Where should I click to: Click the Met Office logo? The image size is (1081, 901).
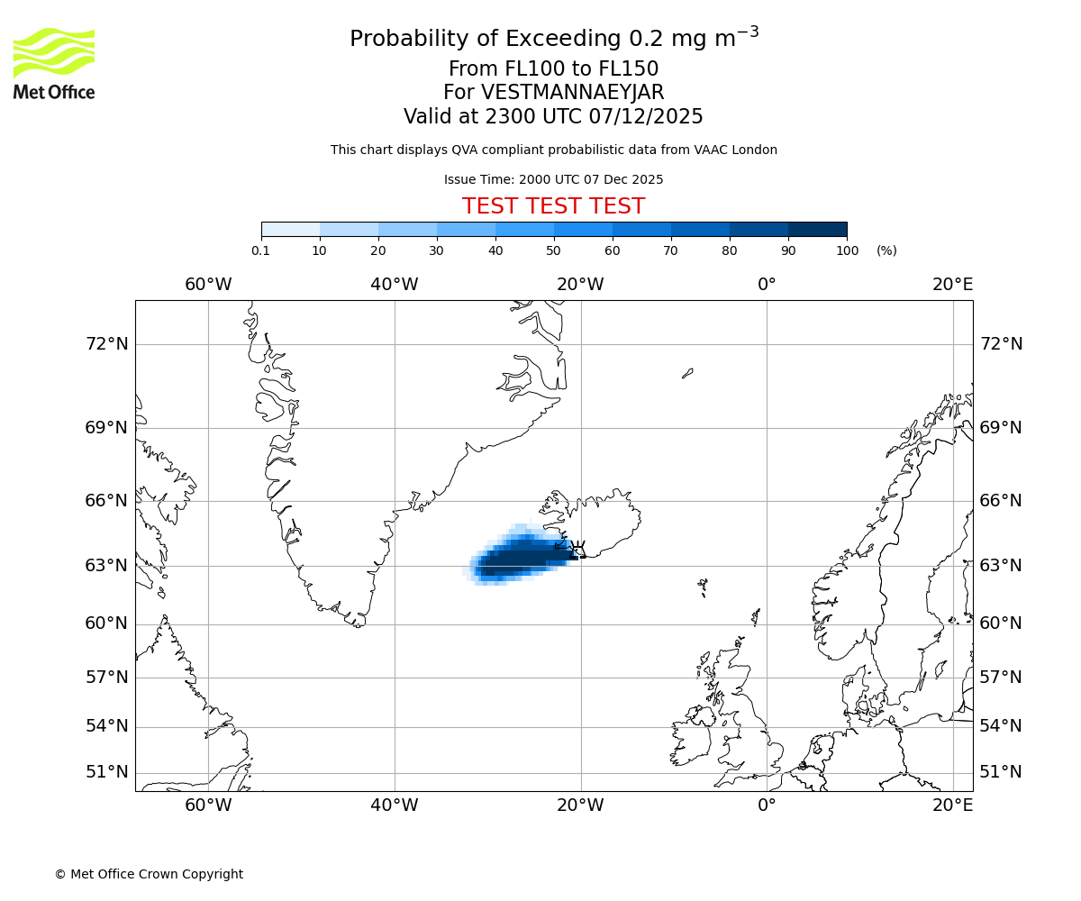click(54, 63)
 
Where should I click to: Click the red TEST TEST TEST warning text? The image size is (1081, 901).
click(553, 206)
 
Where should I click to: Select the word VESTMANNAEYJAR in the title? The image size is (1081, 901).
click(573, 93)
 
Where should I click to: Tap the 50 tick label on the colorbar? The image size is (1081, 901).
click(553, 250)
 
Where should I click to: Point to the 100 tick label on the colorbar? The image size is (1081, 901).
click(847, 250)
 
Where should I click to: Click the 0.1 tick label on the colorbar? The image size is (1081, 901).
click(260, 250)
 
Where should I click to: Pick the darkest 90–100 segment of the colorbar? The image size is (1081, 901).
click(817, 229)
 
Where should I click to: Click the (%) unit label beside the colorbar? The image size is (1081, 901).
click(886, 250)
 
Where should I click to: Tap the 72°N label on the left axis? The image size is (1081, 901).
click(106, 344)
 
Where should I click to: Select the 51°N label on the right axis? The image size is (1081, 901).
click(1001, 772)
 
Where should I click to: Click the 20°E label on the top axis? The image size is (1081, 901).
click(952, 285)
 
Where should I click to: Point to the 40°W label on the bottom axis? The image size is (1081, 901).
click(395, 805)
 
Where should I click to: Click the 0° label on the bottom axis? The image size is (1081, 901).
click(767, 805)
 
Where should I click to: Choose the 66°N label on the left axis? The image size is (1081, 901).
click(106, 501)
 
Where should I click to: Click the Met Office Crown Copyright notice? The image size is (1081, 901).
click(149, 874)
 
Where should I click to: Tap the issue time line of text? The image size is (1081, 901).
click(553, 179)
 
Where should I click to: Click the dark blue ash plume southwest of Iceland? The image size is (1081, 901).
click(522, 557)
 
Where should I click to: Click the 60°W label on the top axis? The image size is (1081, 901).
click(208, 285)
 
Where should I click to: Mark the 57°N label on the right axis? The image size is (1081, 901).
click(1001, 678)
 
